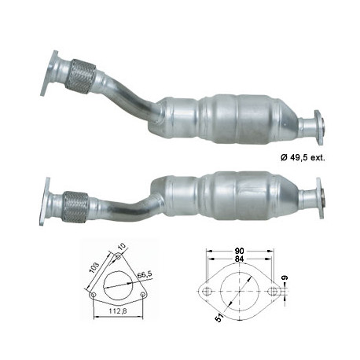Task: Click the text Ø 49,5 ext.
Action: [303, 157]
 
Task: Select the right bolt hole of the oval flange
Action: [274, 292]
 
